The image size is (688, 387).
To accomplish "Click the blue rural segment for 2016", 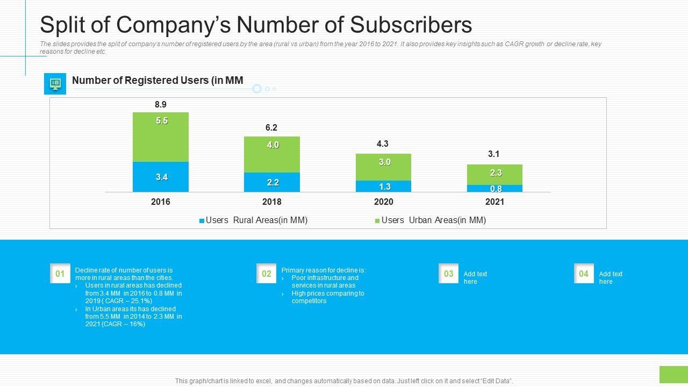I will (x=161, y=177).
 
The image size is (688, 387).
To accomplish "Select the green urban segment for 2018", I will (x=272, y=154).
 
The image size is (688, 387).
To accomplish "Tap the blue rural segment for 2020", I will (x=383, y=187).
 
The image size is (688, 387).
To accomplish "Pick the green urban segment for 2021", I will (x=494, y=175).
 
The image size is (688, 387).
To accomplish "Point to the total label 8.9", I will (x=160, y=105).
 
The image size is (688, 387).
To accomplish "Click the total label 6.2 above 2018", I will (x=271, y=128).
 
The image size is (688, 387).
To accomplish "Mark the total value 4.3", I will (x=383, y=144).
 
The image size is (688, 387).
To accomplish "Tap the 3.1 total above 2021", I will (x=494, y=154).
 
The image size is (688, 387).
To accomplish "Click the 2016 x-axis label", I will (x=161, y=202).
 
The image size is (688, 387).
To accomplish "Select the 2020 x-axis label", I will (x=383, y=202).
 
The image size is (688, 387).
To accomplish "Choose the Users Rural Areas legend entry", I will (x=253, y=220).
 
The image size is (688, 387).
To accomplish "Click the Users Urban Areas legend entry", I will (x=430, y=220).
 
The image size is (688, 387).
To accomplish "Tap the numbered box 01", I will (x=60, y=274).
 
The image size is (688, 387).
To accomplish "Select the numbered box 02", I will (x=267, y=274).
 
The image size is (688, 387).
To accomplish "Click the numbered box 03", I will (x=449, y=274).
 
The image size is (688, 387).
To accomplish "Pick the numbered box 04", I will (x=584, y=274).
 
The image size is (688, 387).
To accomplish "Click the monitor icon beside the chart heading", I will (x=55, y=84).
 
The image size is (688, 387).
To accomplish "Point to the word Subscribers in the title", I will (x=411, y=25).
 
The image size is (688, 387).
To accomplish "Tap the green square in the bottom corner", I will (x=673, y=375).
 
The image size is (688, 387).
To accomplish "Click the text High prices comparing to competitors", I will (x=327, y=297).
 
